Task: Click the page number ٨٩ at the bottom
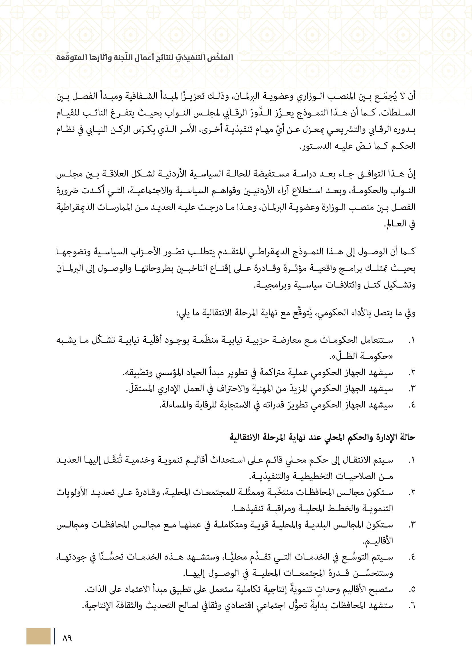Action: [67, 638]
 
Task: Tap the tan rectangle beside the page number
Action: [38, 636]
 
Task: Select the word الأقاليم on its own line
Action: [378, 541]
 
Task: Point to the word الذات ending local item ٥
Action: [94, 590]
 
